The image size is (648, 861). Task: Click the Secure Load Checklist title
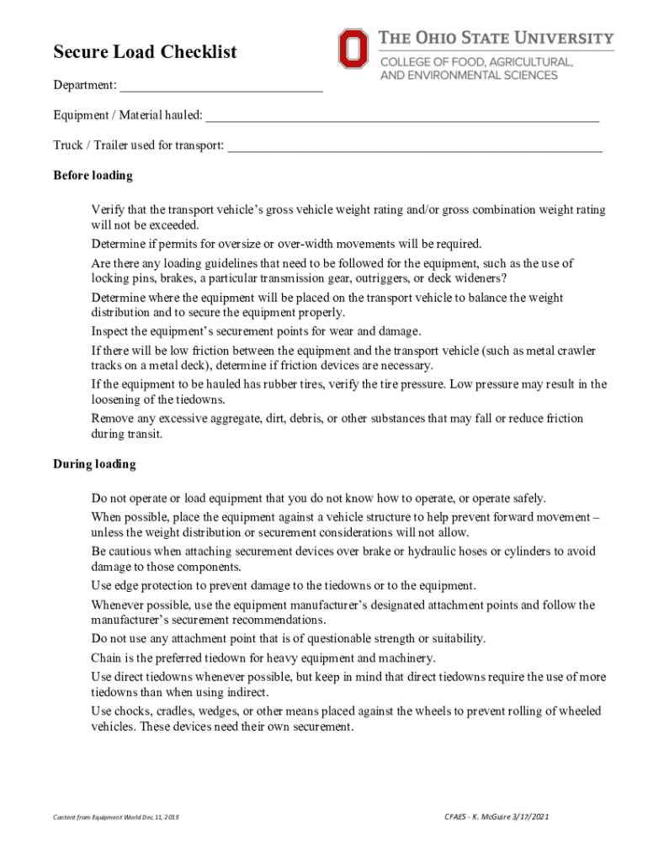tap(145, 52)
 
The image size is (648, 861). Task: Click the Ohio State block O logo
tap(353, 49)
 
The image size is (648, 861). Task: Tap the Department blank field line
tap(221, 87)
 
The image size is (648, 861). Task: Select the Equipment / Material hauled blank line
tap(402, 116)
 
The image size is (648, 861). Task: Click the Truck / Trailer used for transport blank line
tap(415, 146)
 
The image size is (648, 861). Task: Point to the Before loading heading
tap(93, 176)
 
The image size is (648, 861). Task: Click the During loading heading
tap(94, 464)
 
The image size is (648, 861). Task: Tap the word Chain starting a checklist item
tap(107, 658)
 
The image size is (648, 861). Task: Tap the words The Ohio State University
tap(497, 38)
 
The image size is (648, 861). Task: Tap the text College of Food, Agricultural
tap(477, 62)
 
